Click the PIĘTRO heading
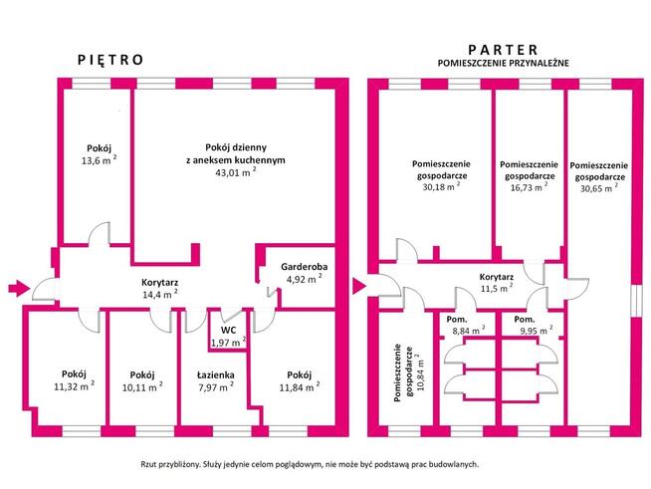pyautogui.click(x=110, y=60)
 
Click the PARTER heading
pyautogui.click(x=503, y=49)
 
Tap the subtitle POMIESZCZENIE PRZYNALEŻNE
pyautogui.click(x=503, y=63)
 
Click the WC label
pyautogui.click(x=228, y=329)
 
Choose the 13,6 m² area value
pyautogui.click(x=99, y=160)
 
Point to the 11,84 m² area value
pyautogui.click(x=296, y=388)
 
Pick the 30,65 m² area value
pyautogui.click(x=599, y=187)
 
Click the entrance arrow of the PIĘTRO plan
pyautogui.click(x=18, y=289)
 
